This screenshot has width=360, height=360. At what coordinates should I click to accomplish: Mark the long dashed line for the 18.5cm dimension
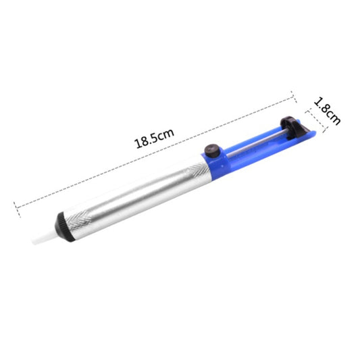click(x=155, y=150)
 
